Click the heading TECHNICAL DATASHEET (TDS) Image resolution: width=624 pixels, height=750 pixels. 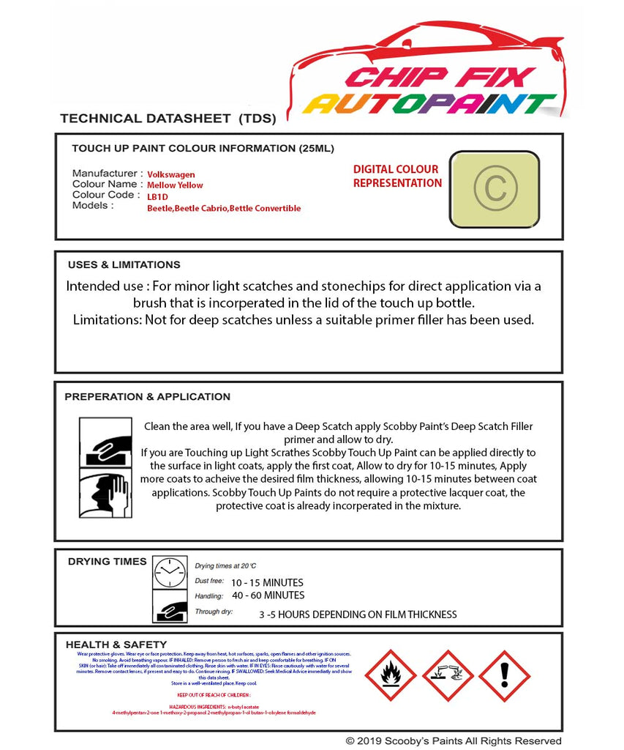click(168, 118)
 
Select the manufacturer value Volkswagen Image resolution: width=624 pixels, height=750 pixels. click(171, 175)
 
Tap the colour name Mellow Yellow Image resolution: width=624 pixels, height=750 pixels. click(176, 186)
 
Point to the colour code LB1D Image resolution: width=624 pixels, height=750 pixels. click(157, 197)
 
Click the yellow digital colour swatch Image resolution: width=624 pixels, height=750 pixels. click(494, 189)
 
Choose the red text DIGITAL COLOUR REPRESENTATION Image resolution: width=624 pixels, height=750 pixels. click(397, 177)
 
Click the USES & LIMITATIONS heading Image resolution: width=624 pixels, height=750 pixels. click(124, 265)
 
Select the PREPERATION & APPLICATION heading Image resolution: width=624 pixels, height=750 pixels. click(147, 397)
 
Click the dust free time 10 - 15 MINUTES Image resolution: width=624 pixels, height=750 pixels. click(267, 583)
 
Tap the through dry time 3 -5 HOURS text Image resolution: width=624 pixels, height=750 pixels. click(358, 615)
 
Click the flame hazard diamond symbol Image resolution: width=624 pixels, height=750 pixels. click(390, 675)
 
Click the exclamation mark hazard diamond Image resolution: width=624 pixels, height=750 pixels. click(504, 675)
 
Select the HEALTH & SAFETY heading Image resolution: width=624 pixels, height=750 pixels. click(116, 645)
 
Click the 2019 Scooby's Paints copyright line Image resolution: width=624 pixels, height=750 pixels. click(454, 741)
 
